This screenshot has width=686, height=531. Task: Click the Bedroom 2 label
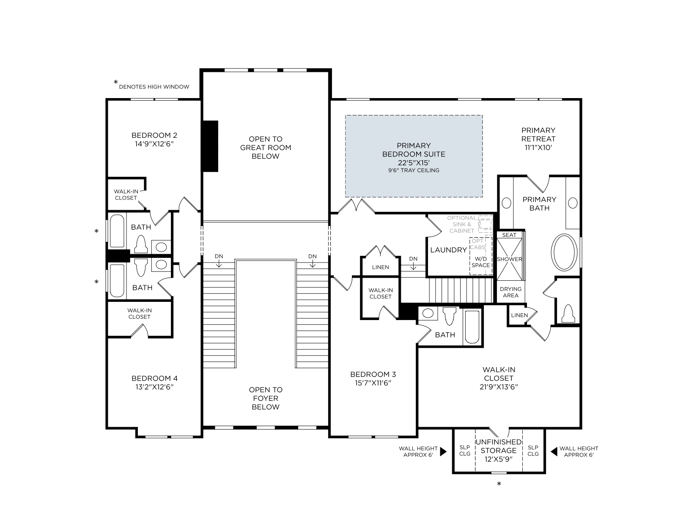(154, 135)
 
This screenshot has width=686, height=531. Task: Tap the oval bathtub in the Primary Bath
(564, 252)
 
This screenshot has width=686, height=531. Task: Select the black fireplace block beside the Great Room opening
(210, 146)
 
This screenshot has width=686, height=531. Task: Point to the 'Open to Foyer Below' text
(266, 398)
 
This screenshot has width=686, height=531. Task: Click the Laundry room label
(448, 250)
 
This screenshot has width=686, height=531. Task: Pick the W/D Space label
(480, 262)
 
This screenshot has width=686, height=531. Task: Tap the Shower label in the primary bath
(509, 259)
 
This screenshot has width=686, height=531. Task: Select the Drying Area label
(510, 292)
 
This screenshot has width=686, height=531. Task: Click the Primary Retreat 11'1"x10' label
(538, 139)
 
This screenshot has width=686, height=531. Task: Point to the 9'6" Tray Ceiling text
(414, 170)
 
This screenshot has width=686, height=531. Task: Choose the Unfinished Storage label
(499, 446)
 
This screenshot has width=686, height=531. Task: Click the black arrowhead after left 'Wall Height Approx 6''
(443, 452)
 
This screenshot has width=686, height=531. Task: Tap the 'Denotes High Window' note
(154, 87)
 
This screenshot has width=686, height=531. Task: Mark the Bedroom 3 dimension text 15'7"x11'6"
(373, 383)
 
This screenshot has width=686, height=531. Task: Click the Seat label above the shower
(509, 235)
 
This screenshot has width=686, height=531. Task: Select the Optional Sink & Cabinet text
(462, 224)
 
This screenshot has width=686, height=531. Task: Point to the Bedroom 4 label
(154, 378)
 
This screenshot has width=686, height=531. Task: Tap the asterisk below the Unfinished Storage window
(499, 484)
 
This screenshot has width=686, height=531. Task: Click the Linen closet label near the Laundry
(380, 267)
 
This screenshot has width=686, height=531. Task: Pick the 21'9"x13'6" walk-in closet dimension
(499, 387)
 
